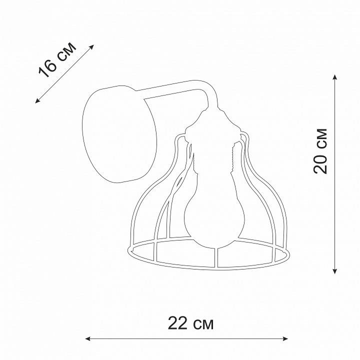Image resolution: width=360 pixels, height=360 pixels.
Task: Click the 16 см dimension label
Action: tap(57, 60)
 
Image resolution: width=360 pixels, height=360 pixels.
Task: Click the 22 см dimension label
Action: tap(190, 323)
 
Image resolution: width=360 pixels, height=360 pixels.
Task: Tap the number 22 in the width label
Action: tap(177, 323)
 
